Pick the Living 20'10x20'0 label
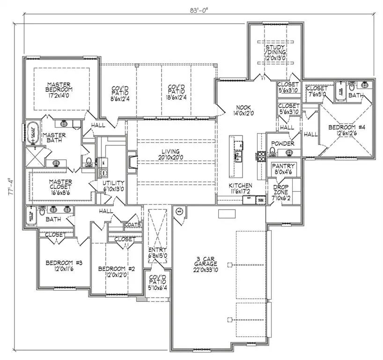pos(171,154)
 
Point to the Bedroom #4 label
pos(346,130)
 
